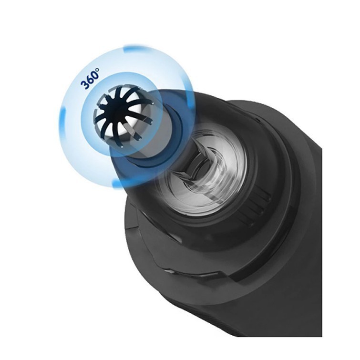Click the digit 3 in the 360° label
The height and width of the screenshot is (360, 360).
[x=84, y=85]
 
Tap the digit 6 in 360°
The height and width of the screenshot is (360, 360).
[x=90, y=79]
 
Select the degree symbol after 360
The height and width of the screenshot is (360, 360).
[x=98, y=69]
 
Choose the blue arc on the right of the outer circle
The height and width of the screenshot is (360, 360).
[x=190, y=101]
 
